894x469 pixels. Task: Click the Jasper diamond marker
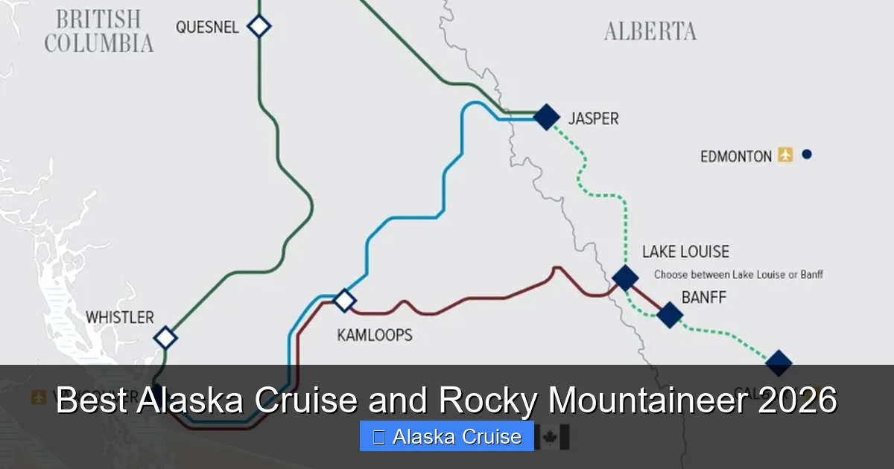tap(546, 116)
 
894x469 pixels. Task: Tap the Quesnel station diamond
tap(259, 26)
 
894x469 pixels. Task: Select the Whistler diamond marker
tap(165, 338)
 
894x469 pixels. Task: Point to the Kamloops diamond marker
tap(344, 300)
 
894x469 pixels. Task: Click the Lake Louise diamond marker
tap(625, 278)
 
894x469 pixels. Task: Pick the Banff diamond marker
tap(669, 315)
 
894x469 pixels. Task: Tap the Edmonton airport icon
tap(785, 155)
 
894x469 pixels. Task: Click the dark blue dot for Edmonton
tap(806, 155)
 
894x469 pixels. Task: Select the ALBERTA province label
tap(650, 31)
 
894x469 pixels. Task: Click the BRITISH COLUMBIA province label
tap(98, 31)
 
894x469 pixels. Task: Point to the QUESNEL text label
tap(207, 28)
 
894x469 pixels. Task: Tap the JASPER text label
tap(593, 118)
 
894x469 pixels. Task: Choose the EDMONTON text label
tap(735, 156)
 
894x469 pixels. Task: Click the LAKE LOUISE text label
tap(685, 252)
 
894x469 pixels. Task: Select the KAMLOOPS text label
tap(374, 335)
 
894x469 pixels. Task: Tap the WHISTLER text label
tap(119, 317)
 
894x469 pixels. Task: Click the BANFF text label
tap(703, 298)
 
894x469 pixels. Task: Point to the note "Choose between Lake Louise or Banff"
tap(738, 275)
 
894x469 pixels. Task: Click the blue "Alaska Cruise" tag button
tap(446, 436)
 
